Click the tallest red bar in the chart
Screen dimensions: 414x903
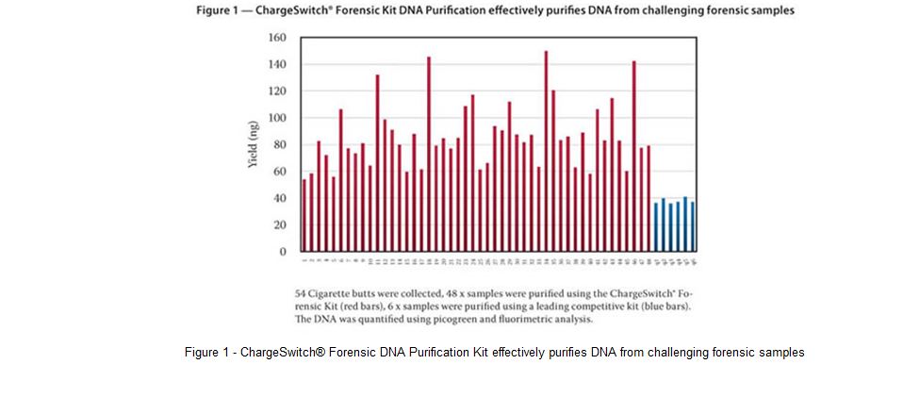tap(546, 151)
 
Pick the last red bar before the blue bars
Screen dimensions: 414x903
tap(649, 198)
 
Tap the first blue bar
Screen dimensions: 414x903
tap(656, 227)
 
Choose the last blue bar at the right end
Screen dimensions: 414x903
tap(693, 226)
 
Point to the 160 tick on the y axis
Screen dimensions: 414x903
tap(277, 38)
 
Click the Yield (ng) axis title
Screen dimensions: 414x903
tap(252, 145)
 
